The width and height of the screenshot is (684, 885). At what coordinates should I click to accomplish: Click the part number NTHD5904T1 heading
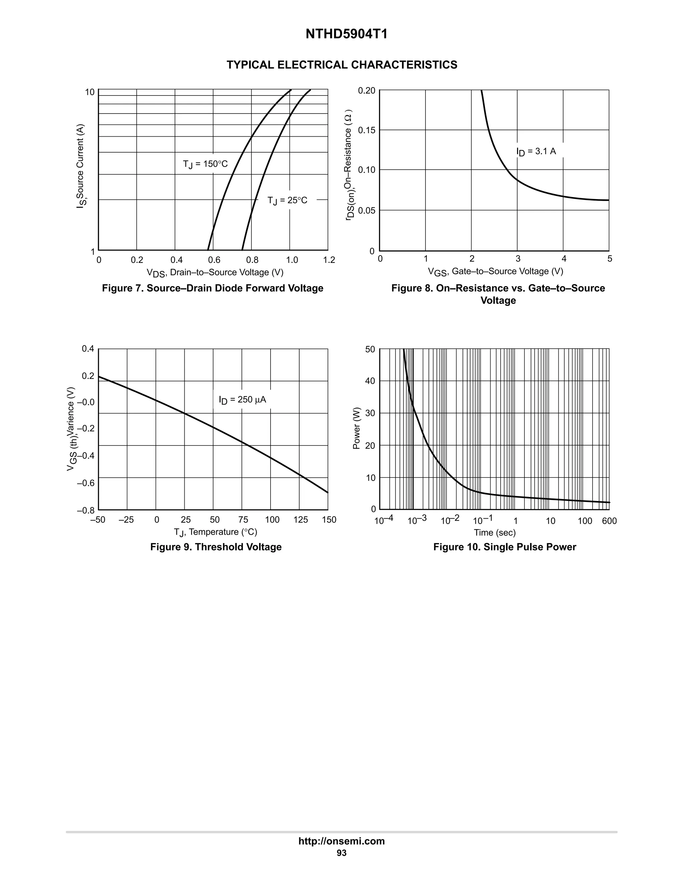click(346, 34)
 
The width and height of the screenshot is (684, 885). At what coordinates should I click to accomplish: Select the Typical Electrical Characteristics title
click(342, 65)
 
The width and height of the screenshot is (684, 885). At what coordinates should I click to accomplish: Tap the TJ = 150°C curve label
click(205, 164)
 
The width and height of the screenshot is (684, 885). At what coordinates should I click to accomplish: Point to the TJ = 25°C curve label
click(287, 200)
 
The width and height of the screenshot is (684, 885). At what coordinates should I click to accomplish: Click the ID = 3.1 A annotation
click(536, 152)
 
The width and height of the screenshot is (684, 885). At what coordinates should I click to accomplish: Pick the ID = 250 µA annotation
click(242, 400)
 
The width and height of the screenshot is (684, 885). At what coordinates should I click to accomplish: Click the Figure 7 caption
click(213, 288)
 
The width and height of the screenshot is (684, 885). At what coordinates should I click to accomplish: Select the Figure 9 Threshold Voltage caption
click(216, 547)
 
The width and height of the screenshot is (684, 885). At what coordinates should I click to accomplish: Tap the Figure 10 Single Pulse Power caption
click(505, 547)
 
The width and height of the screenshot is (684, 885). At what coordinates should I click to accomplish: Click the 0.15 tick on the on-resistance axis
click(367, 130)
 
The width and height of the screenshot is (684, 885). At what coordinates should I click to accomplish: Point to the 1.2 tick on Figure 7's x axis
click(329, 260)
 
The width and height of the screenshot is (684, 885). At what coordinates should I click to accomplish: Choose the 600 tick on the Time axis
click(609, 521)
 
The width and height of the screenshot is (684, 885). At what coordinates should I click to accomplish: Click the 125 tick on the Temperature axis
click(301, 520)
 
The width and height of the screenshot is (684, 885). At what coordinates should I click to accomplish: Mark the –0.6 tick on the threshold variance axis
click(85, 483)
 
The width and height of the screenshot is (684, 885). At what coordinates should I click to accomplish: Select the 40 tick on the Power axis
click(370, 381)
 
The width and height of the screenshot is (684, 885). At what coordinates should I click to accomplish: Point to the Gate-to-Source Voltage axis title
click(496, 272)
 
